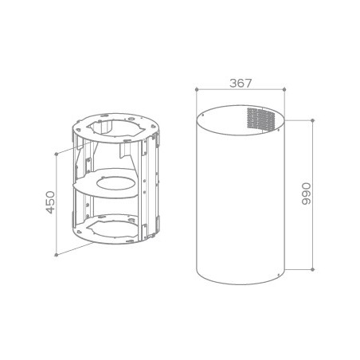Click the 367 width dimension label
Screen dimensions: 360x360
[241, 83]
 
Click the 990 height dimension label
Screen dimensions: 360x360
[306, 194]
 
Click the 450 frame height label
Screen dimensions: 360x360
[50, 202]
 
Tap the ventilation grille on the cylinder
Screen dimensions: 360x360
[260, 119]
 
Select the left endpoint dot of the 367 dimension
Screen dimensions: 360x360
[197, 89]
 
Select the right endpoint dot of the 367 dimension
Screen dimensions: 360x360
[284, 89]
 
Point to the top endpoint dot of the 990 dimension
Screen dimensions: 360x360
[313, 120]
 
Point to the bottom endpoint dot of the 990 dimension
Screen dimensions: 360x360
[313, 269]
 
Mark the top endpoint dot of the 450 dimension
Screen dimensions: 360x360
[56, 154]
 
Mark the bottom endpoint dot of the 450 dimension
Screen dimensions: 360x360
[56, 255]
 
